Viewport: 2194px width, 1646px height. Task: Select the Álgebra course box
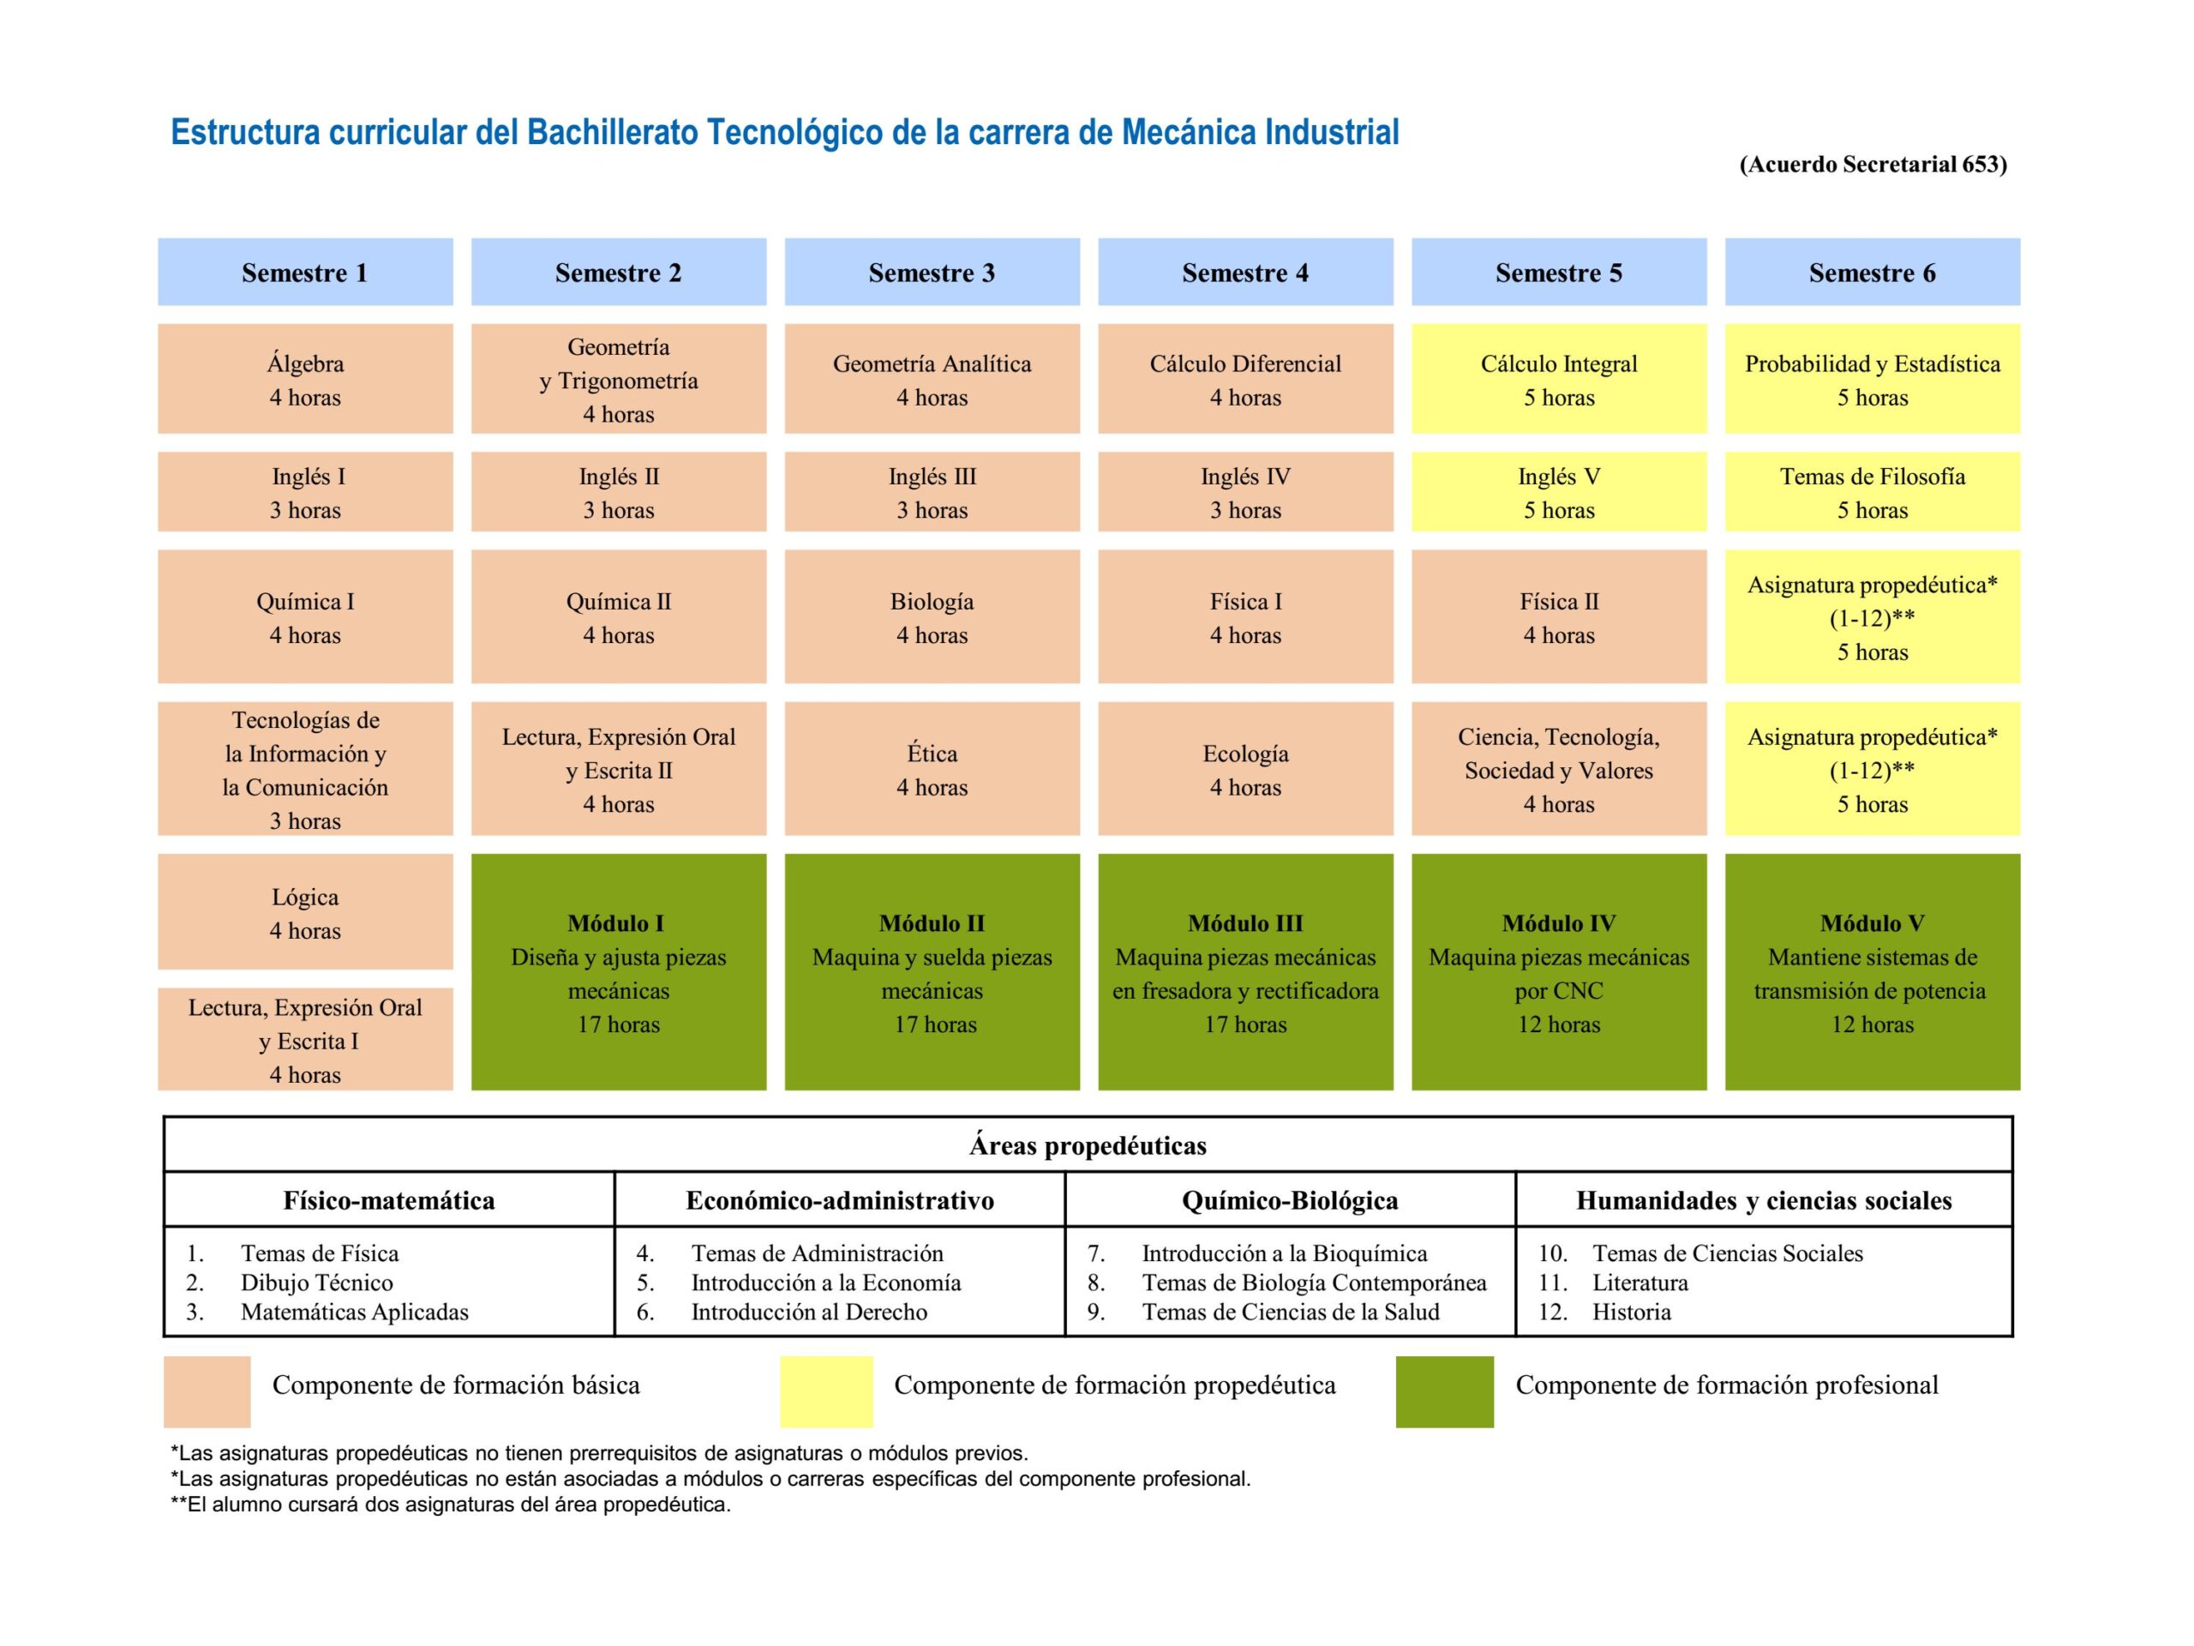(x=304, y=379)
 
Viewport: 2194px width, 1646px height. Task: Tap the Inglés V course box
(x=1558, y=492)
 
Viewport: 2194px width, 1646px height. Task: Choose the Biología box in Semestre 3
(x=932, y=616)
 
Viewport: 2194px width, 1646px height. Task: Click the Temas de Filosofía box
(x=1872, y=492)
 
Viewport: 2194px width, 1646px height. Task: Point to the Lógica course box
(x=304, y=912)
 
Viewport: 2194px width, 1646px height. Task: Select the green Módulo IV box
(x=1558, y=972)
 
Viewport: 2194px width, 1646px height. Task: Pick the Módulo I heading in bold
(x=616, y=923)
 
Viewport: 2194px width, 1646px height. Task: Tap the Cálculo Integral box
(x=1558, y=379)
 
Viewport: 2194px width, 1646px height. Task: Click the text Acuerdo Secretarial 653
(x=1873, y=165)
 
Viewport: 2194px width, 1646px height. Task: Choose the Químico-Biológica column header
(x=1290, y=1200)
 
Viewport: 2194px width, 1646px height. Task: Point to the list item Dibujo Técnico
(x=316, y=1283)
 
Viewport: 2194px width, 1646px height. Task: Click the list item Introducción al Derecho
(x=808, y=1312)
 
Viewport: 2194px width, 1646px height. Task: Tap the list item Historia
(x=1632, y=1312)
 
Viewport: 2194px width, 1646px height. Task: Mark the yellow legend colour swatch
(x=826, y=1391)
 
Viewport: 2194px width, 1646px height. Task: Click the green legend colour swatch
(x=1444, y=1391)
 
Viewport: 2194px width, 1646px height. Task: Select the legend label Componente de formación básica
(x=455, y=1385)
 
